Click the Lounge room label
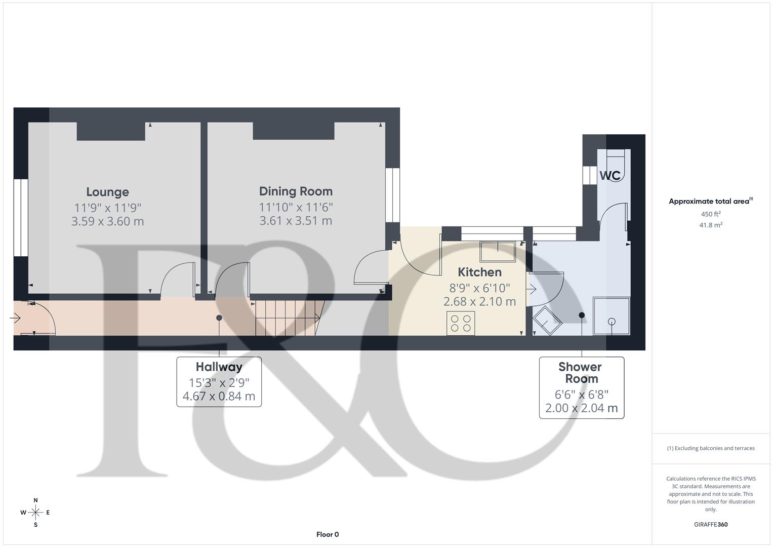point(107,192)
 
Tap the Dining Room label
point(296,191)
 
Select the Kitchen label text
point(479,272)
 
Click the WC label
point(609,176)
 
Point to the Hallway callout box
point(219,381)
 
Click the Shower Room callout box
point(581,387)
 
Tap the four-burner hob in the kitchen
point(461,323)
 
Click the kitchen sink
point(498,251)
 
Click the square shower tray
point(612,316)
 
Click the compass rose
point(35,513)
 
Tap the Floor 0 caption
point(328,534)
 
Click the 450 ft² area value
point(711,214)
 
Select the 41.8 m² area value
point(711,225)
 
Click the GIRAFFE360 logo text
point(711,524)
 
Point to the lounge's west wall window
point(21,218)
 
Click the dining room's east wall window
point(392,195)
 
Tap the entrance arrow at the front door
point(15,318)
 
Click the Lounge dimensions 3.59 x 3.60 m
point(107,221)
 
